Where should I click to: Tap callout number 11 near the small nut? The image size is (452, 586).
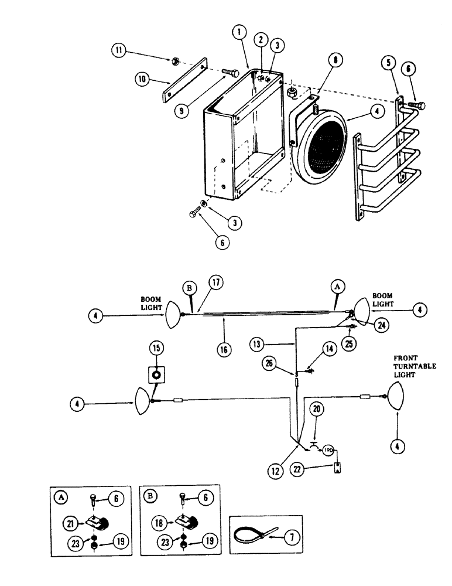pos(119,51)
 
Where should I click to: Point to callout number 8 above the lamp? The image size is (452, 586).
pos(334,60)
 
